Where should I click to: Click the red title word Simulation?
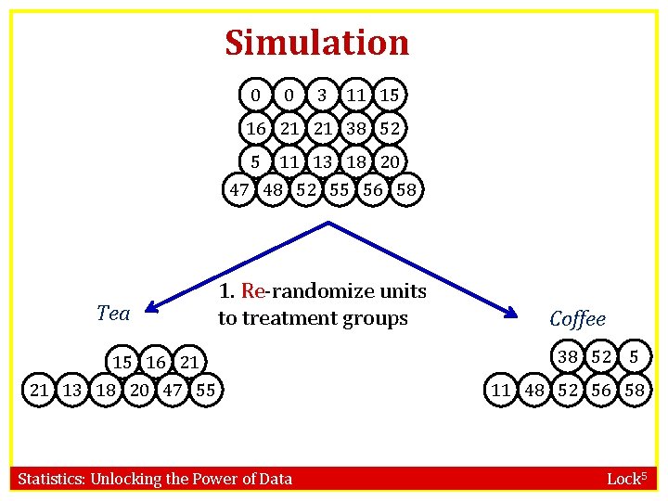316,43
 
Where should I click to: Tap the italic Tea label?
113,314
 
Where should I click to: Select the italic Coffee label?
577,319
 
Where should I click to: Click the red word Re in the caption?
252,291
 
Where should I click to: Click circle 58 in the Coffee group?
635,391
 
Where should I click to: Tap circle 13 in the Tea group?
72,391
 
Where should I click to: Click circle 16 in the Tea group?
155,361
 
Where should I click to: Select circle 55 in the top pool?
340,190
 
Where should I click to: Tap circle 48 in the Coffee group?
534,391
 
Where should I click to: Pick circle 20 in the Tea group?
140,391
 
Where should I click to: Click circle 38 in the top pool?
355,128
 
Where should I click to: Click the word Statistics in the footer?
52,480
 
